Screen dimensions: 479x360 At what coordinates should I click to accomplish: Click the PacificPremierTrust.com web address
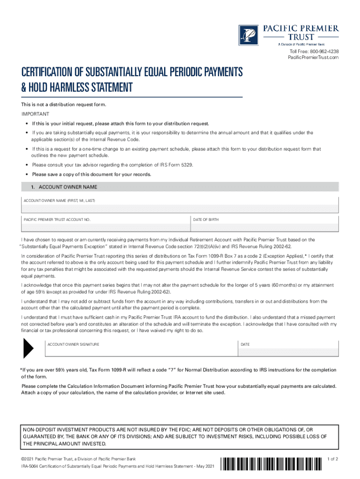(x=313, y=57)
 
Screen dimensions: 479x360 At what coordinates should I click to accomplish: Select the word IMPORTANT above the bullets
(x=35, y=114)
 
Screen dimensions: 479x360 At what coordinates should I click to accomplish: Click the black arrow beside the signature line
(x=28, y=348)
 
